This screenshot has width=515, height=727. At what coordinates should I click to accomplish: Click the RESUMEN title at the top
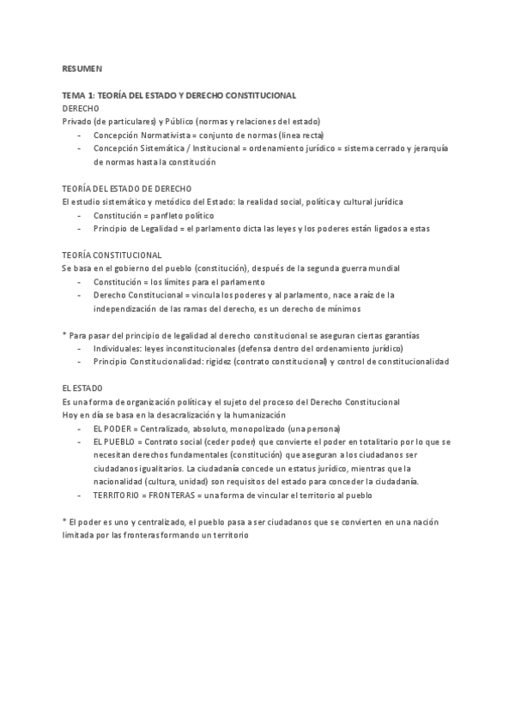click(x=81, y=67)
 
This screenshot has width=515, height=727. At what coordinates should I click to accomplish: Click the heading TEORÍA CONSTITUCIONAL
click(x=112, y=255)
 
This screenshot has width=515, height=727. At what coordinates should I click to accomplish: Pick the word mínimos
click(x=343, y=309)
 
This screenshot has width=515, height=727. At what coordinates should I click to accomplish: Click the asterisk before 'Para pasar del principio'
click(x=64, y=336)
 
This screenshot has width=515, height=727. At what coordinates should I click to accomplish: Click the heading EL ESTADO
click(x=82, y=388)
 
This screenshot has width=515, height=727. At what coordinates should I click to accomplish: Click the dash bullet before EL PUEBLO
click(x=79, y=442)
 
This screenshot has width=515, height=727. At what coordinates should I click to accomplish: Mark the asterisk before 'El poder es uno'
click(x=64, y=523)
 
